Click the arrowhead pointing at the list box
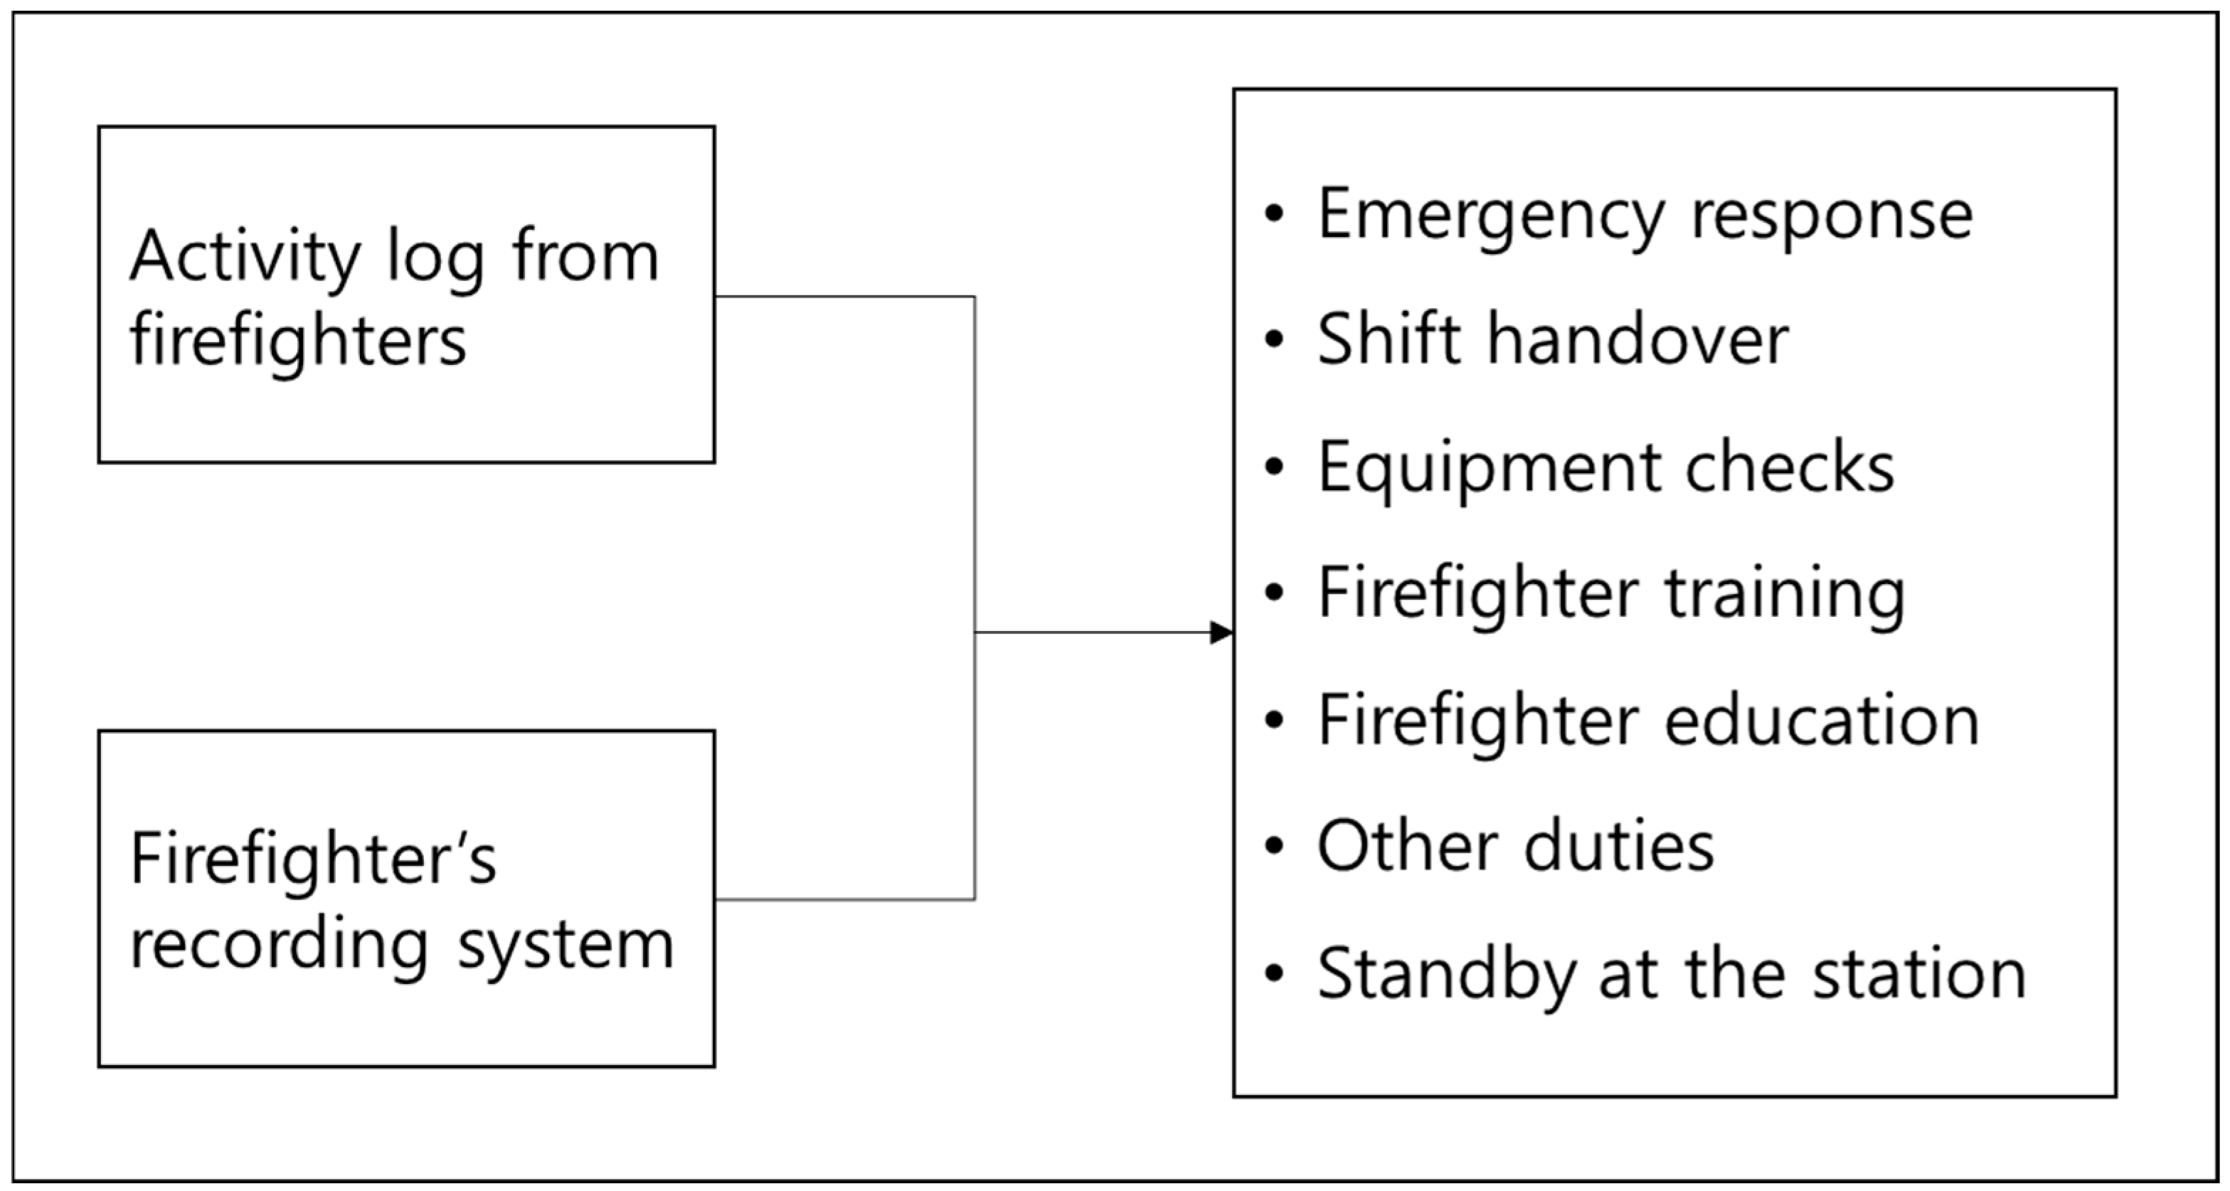(x=1221, y=632)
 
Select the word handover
(x=1638, y=339)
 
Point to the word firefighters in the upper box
(x=298, y=341)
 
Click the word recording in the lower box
(x=280, y=945)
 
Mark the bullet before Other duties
(x=1273, y=846)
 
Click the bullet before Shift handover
(x=1273, y=339)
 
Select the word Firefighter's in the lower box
(x=314, y=859)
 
